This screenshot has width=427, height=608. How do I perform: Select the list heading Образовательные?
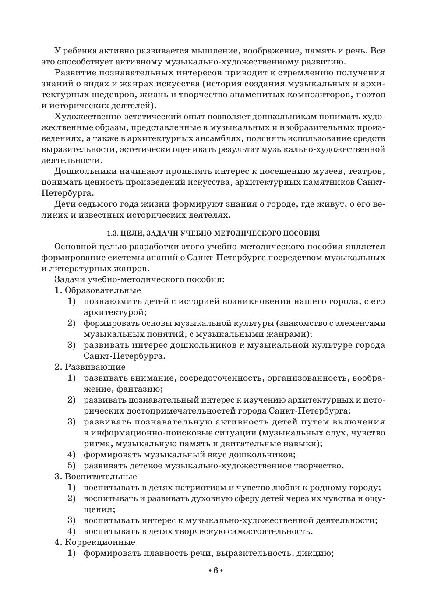(x=103, y=290)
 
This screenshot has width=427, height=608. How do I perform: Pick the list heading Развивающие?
(x=95, y=367)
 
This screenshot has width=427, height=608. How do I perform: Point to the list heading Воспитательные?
(x=101, y=476)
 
